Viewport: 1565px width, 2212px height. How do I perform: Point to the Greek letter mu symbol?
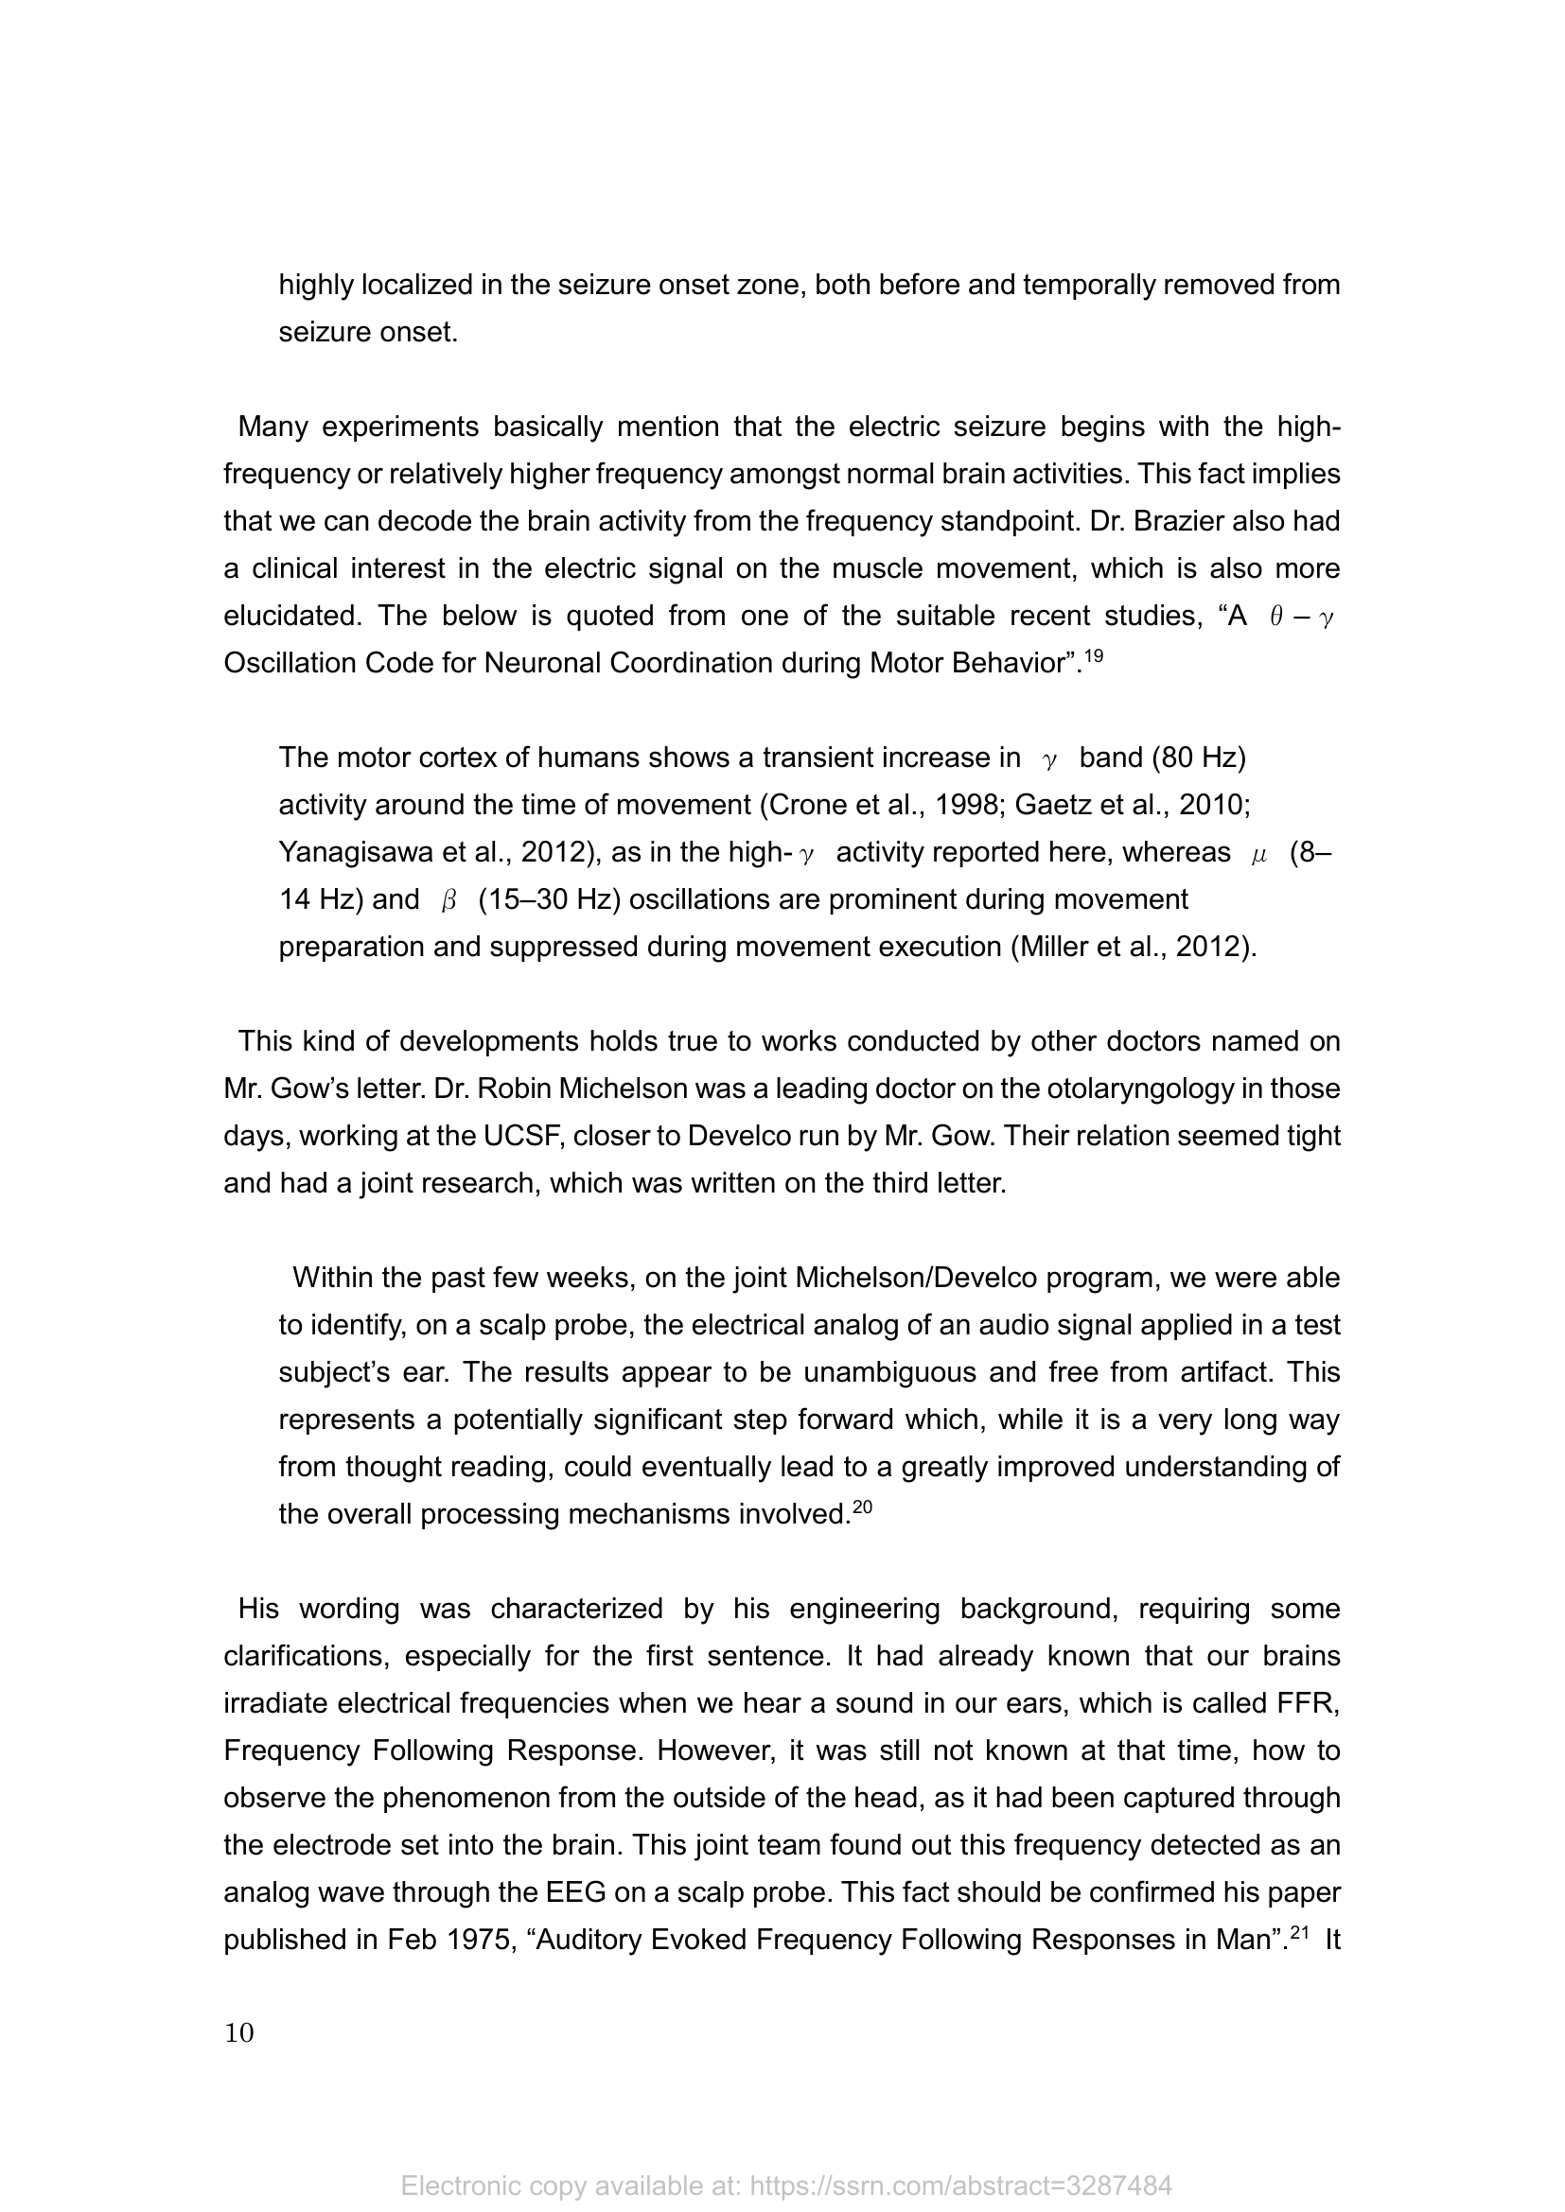point(1258,855)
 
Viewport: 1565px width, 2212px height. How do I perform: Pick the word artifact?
point(1216,1372)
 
